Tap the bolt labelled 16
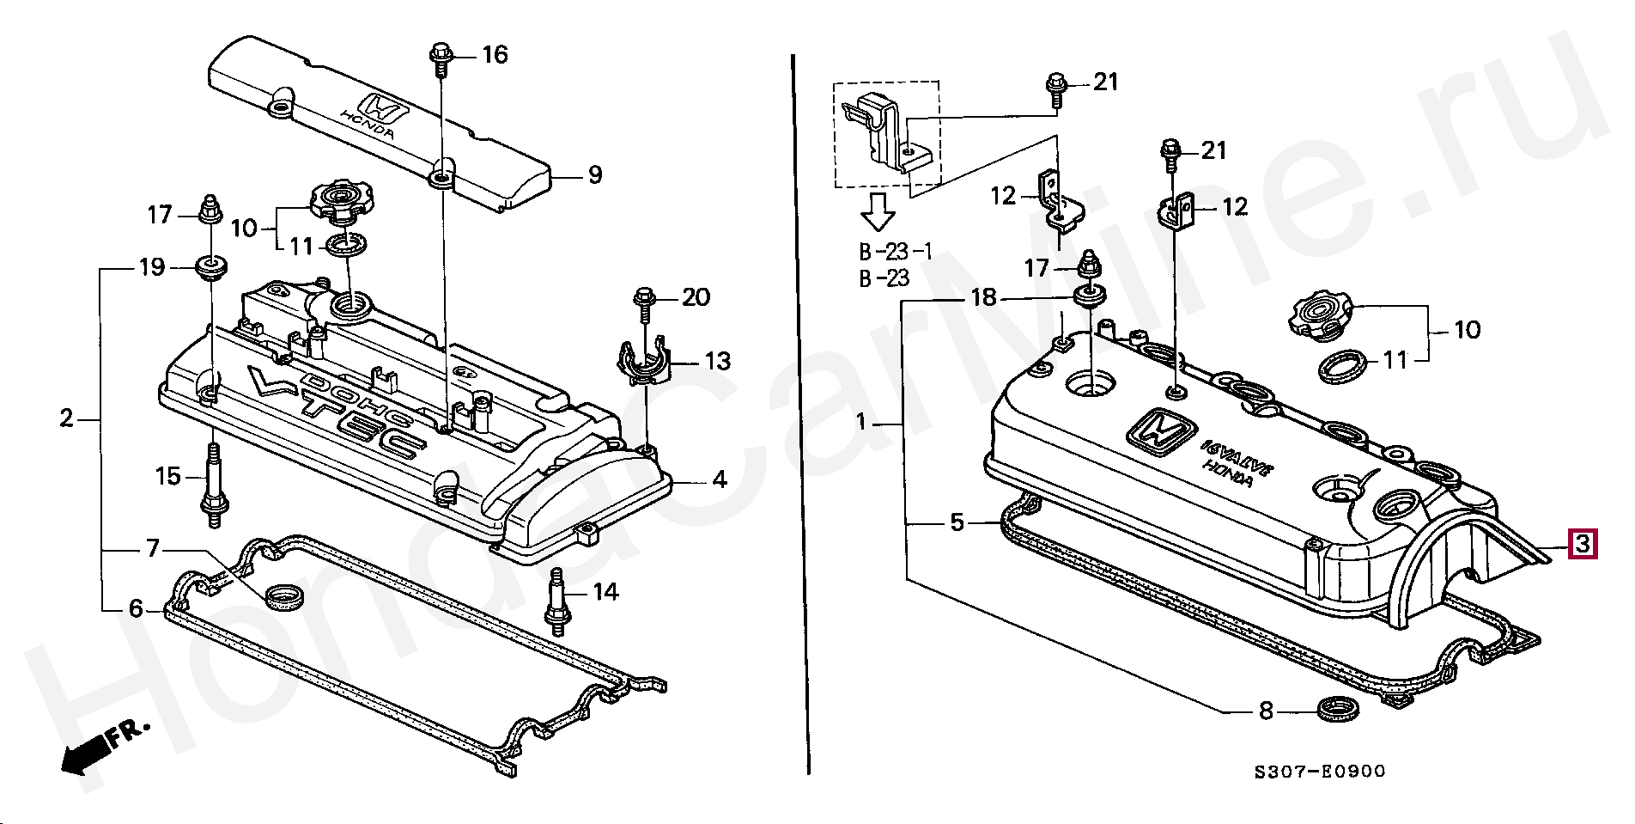[x=441, y=58]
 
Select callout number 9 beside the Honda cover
[x=594, y=175]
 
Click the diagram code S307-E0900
[x=1319, y=771]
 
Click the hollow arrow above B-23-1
[x=878, y=211]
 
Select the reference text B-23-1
[x=896, y=252]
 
